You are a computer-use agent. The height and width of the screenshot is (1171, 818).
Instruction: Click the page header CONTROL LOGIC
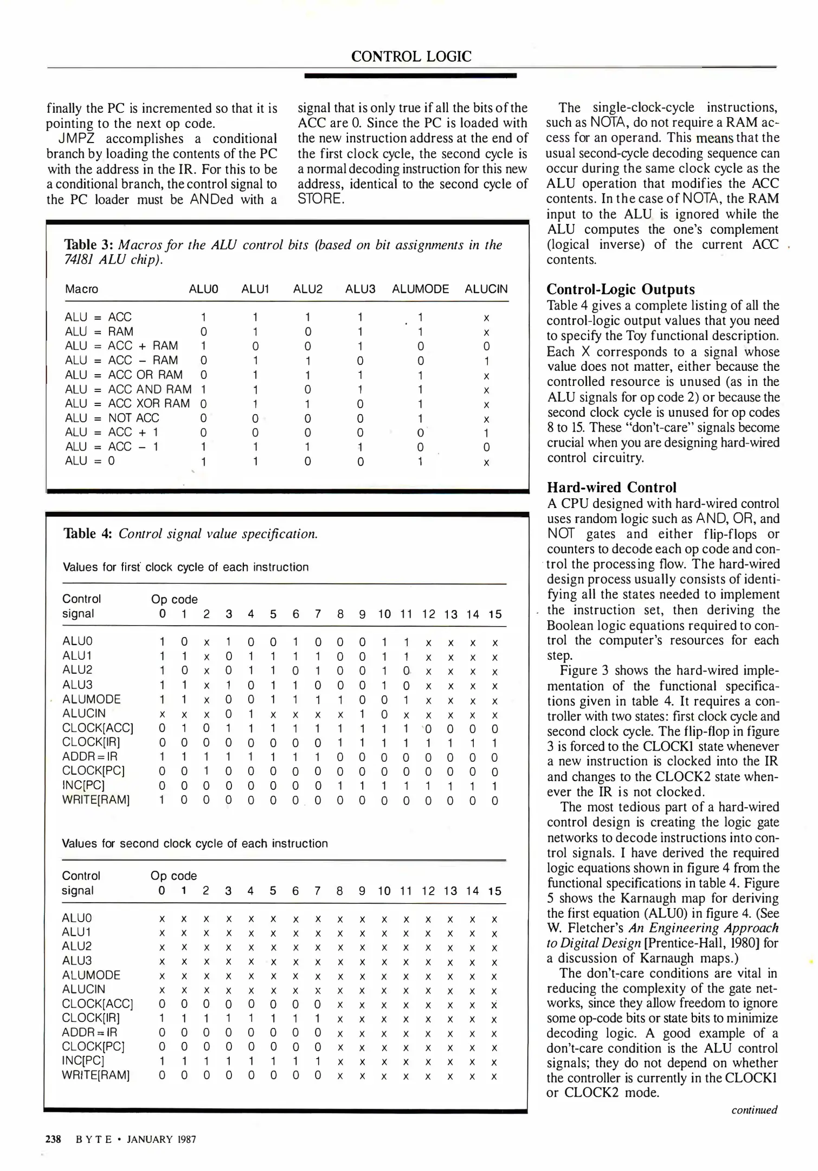point(411,56)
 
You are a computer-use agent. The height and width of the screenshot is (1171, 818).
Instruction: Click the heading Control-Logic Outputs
point(620,289)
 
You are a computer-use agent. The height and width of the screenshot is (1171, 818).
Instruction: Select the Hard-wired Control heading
point(612,487)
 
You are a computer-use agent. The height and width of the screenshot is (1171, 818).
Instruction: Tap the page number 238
point(53,1138)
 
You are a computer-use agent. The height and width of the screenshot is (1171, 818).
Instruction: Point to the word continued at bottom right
point(754,1110)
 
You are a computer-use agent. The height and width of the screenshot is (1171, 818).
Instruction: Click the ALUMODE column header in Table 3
point(420,289)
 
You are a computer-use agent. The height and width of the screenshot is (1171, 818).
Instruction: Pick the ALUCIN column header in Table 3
point(486,289)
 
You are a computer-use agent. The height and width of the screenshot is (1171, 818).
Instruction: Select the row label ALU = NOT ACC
point(112,418)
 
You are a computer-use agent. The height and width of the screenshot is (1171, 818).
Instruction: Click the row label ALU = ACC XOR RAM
point(127,403)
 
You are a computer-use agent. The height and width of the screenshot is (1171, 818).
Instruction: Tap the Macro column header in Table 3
point(81,289)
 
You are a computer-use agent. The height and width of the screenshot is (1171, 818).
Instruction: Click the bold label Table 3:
point(88,245)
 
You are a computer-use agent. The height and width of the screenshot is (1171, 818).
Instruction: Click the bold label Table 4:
point(88,533)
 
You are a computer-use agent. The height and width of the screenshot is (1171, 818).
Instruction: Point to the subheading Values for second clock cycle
point(195,844)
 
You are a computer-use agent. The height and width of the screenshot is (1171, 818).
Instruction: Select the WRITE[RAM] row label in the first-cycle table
point(96,800)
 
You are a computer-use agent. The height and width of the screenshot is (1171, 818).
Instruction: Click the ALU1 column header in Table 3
point(255,289)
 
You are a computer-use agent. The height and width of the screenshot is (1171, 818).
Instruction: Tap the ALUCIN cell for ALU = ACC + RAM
point(486,346)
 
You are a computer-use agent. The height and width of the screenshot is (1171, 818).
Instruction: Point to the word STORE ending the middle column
point(320,199)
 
